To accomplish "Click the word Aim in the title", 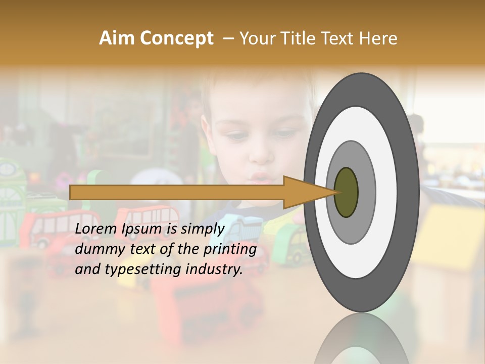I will [116, 38].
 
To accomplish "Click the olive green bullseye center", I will [347, 192].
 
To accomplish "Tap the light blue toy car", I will [243, 227].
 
